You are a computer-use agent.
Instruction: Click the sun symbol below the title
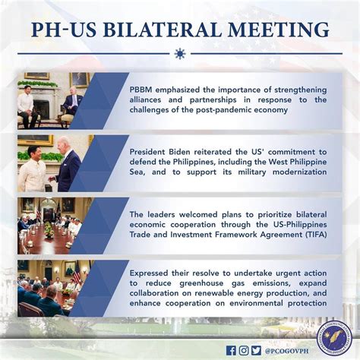tap(180, 54)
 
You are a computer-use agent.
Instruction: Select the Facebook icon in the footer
tap(231, 351)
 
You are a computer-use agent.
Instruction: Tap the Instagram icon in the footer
tap(244, 351)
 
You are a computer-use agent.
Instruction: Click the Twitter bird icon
tap(256, 351)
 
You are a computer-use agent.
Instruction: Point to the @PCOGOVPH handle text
tap(286, 351)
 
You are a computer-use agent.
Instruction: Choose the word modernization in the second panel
tap(299, 172)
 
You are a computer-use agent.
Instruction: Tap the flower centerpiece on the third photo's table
tap(49, 230)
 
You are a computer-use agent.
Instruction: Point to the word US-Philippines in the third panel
tap(300, 225)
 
